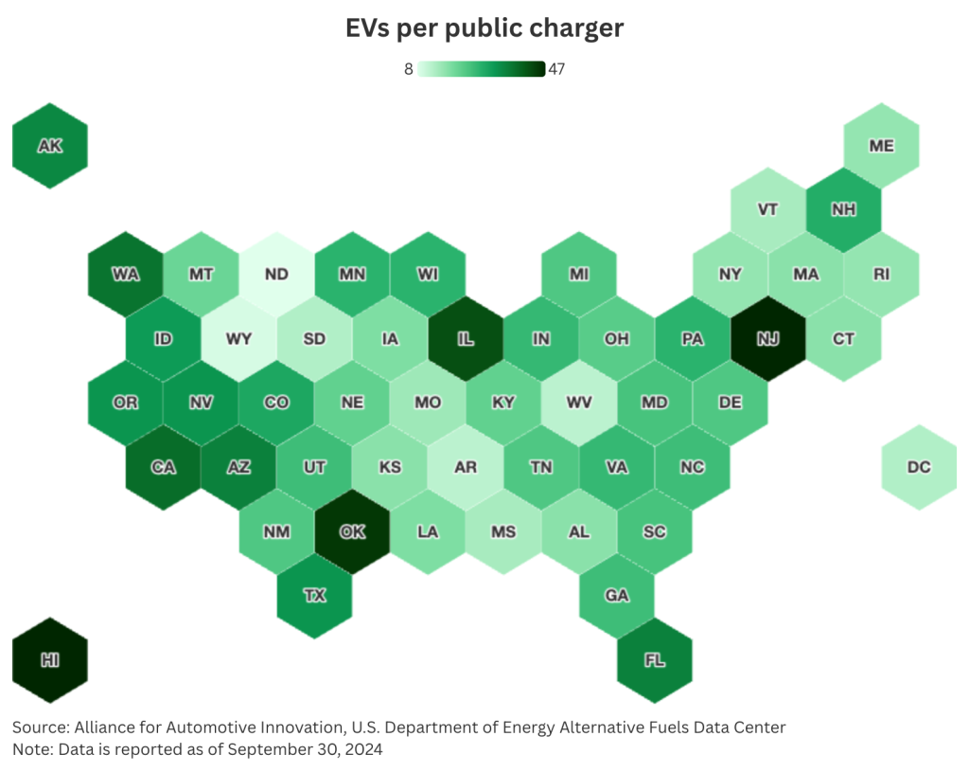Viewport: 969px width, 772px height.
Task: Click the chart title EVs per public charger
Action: pos(484,28)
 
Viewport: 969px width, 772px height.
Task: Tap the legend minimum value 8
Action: pos(409,69)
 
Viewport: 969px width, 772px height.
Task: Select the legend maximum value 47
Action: pos(556,69)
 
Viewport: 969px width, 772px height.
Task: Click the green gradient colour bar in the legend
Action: pos(482,69)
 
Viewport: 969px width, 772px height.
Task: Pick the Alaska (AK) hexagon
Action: pos(49,146)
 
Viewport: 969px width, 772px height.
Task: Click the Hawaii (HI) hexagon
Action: pos(49,659)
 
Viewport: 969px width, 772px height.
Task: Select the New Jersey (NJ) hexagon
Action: pos(767,338)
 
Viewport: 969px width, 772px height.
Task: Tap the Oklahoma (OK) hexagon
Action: pos(352,531)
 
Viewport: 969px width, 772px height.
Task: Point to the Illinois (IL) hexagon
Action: pos(466,338)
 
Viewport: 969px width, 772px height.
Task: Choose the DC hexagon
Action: pos(918,467)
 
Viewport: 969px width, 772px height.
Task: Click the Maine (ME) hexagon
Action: pos(881,146)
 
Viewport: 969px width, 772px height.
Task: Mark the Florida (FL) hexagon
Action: pos(654,660)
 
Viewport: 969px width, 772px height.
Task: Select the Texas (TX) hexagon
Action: pos(314,596)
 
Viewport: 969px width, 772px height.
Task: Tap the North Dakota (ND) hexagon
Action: pos(276,275)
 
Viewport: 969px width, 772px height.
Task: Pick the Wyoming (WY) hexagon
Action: pos(238,338)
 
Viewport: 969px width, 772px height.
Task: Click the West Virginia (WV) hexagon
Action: pos(578,403)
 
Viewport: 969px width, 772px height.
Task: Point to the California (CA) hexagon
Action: pos(163,467)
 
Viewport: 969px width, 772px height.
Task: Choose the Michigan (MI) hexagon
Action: pos(578,275)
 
